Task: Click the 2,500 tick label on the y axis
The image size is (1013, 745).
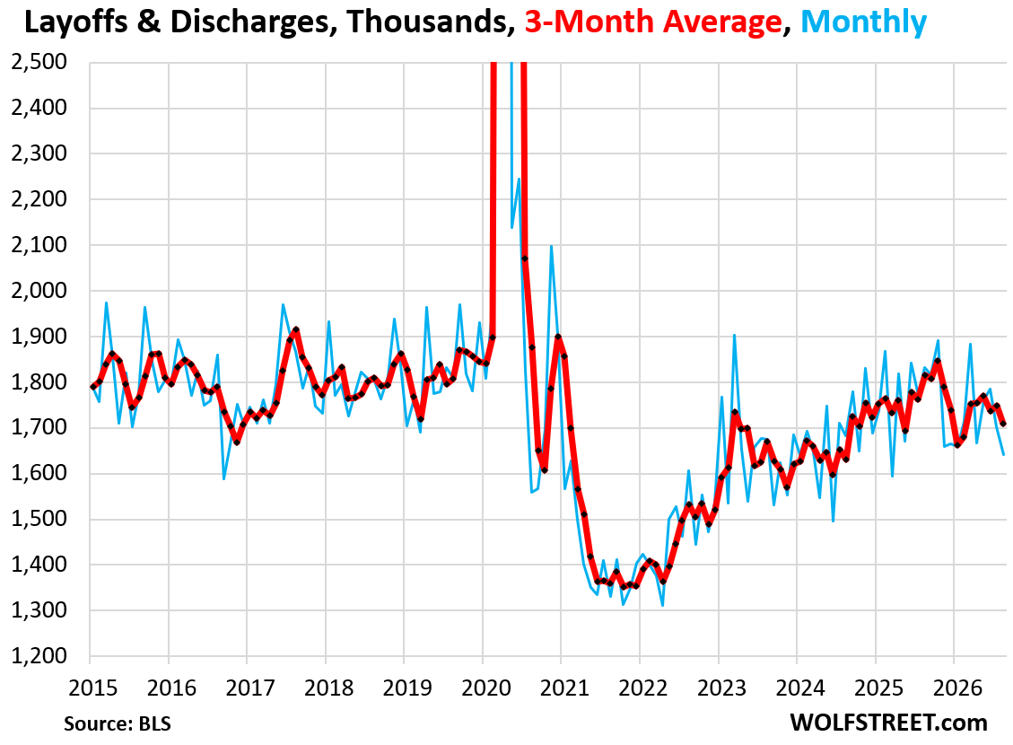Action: pyautogui.click(x=39, y=62)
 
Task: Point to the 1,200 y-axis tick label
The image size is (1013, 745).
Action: pyautogui.click(x=39, y=655)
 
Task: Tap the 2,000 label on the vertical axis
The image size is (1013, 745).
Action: pyautogui.click(x=39, y=290)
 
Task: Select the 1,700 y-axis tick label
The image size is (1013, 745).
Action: pyautogui.click(x=39, y=427)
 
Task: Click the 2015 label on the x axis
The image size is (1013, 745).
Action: pyautogui.click(x=93, y=688)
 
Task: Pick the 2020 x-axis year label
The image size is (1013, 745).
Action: pyautogui.click(x=485, y=688)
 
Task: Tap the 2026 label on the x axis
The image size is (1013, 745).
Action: pyautogui.click(x=957, y=688)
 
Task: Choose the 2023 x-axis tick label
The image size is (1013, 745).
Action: pyautogui.click(x=721, y=688)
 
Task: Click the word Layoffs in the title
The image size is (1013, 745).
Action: pyautogui.click(x=75, y=22)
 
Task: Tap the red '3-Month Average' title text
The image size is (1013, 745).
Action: pyautogui.click(x=653, y=22)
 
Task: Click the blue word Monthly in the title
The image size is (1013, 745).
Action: pyautogui.click(x=864, y=22)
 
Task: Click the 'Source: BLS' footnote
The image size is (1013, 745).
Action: pyautogui.click(x=118, y=723)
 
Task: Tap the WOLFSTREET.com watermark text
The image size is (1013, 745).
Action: pyautogui.click(x=889, y=723)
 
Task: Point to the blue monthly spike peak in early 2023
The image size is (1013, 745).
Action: pyautogui.click(x=735, y=335)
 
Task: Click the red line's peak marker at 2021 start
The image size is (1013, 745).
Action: pyautogui.click(x=558, y=337)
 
